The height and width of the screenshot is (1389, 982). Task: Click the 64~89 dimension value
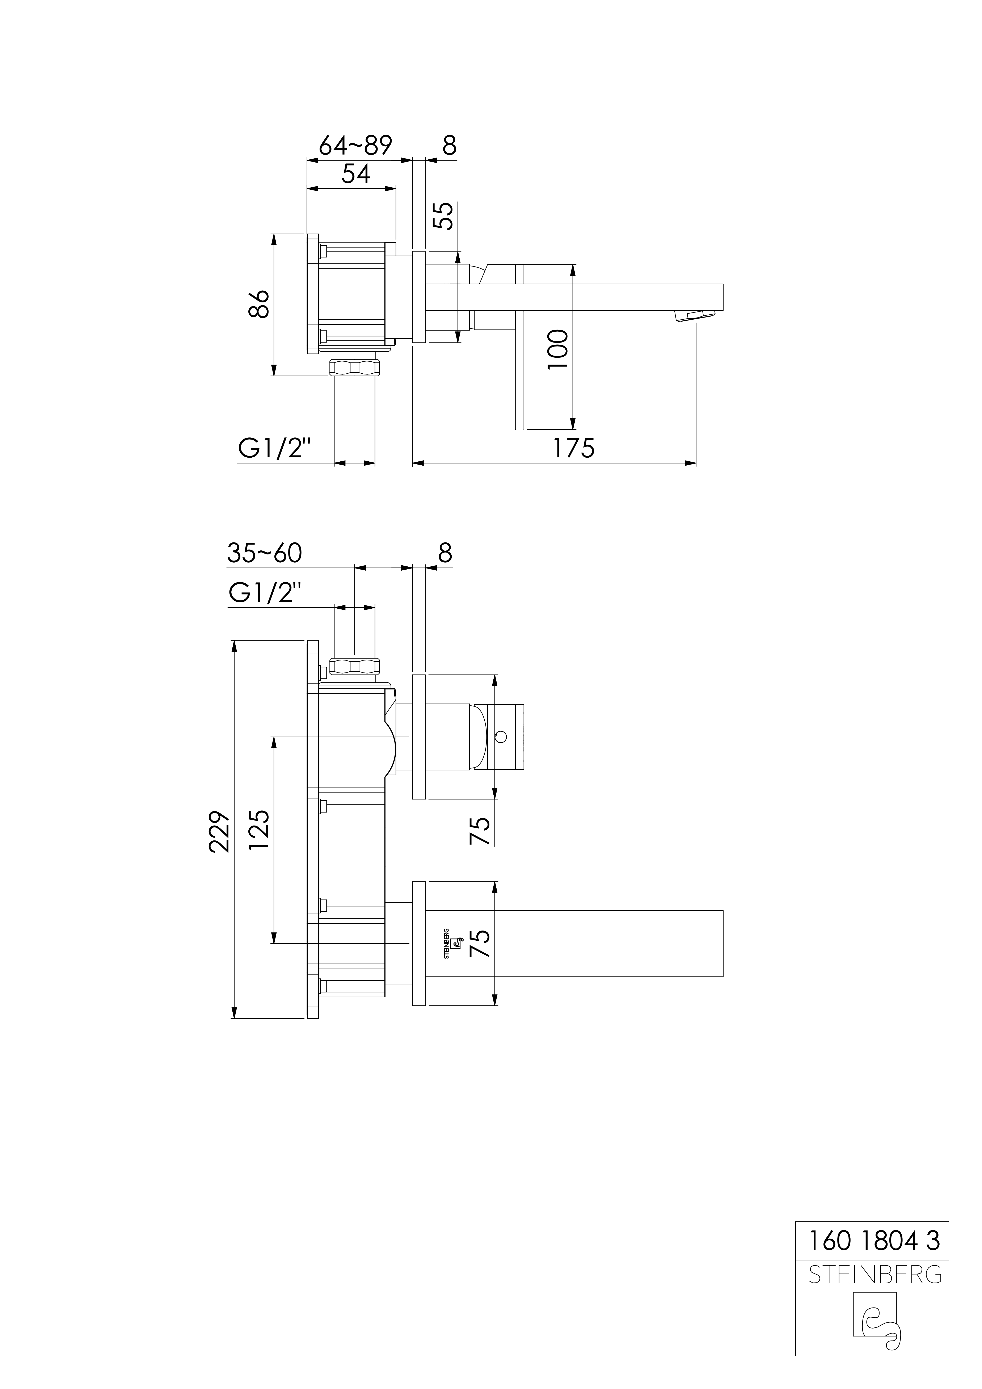click(355, 145)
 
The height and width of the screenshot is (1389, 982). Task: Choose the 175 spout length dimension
click(573, 448)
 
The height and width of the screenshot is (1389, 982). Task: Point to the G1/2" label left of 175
click(274, 448)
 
